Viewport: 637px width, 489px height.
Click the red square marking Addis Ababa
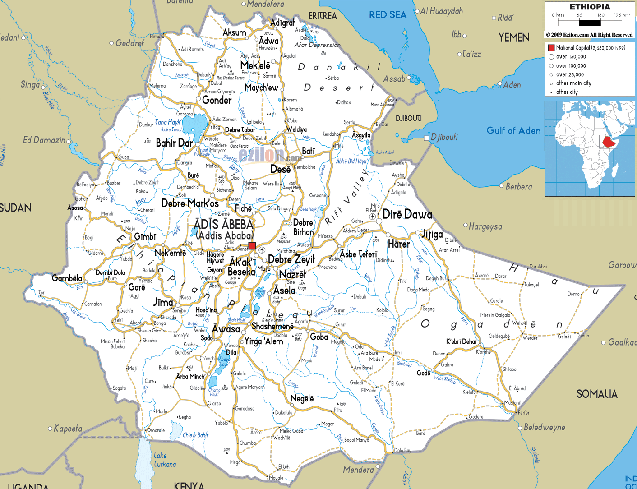coord(252,246)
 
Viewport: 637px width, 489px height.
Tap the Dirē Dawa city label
coord(407,215)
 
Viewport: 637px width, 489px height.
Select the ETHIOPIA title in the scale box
coord(590,7)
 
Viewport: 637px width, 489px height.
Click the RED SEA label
coord(388,15)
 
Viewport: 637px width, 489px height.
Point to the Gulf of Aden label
coord(513,131)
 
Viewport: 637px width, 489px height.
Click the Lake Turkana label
coord(164,460)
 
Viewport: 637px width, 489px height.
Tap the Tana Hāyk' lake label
coord(168,122)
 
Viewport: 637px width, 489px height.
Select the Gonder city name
coord(217,100)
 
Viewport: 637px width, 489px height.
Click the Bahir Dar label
coord(174,143)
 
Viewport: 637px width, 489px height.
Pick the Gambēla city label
coord(67,278)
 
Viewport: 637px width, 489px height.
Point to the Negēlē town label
coord(302,398)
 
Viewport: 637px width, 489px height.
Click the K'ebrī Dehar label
coord(462,341)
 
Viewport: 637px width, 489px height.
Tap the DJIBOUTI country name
coord(409,118)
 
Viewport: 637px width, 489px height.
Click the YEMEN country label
coord(514,37)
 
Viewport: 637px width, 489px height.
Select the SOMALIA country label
coord(596,394)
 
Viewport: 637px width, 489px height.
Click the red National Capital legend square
coord(551,48)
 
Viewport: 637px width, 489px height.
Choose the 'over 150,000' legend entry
coord(571,57)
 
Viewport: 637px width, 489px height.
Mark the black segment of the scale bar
coord(590,23)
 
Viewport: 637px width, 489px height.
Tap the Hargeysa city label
coord(485,226)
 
